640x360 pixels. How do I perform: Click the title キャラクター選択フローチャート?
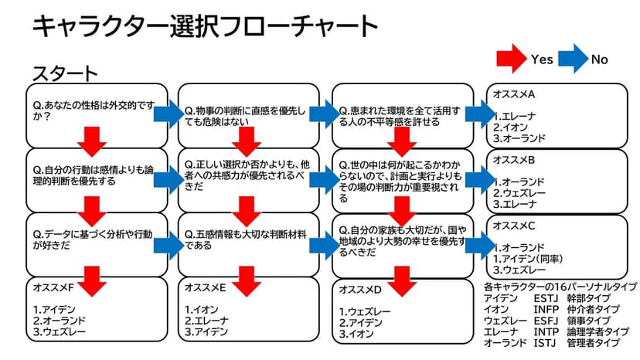click(x=205, y=27)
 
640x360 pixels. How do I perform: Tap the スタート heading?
click(x=65, y=74)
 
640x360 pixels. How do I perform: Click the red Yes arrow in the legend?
click(x=511, y=59)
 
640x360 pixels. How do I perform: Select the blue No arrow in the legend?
click(x=571, y=59)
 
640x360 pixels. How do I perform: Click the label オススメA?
click(x=514, y=94)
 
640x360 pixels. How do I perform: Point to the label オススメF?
click(x=54, y=287)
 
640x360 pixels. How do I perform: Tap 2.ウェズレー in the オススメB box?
click(x=523, y=194)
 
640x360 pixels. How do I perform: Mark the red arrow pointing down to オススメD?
click(x=400, y=279)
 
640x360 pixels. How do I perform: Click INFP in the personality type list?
click(x=545, y=309)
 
